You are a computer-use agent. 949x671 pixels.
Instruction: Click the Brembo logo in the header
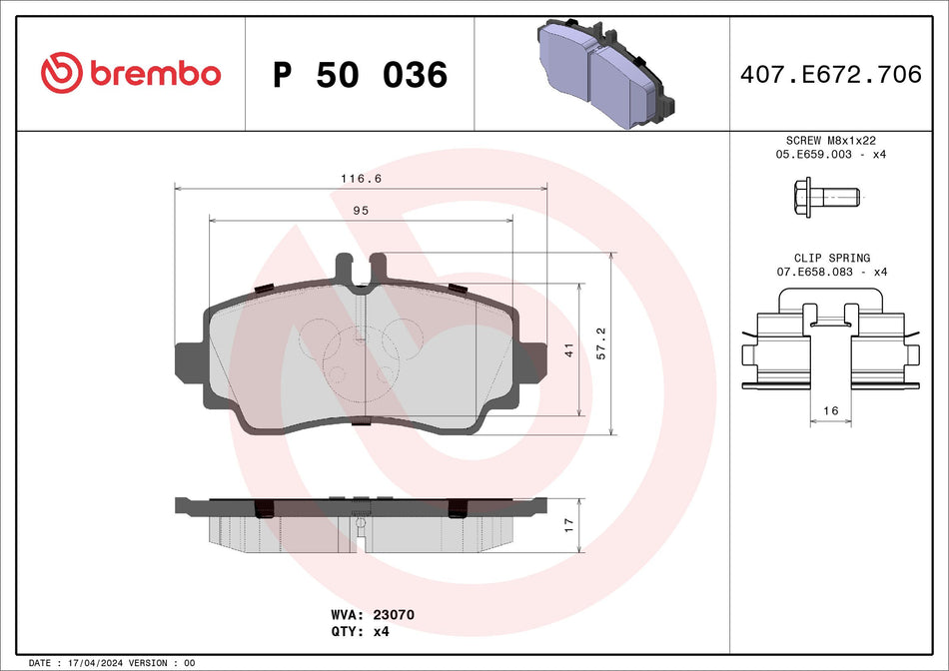tap(130, 73)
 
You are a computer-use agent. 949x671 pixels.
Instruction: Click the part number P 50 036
tap(360, 75)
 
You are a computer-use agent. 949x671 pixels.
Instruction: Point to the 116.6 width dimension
tap(361, 179)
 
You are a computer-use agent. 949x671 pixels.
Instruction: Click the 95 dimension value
tap(361, 210)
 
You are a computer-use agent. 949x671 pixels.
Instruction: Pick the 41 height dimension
tap(567, 349)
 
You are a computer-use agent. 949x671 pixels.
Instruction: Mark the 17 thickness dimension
tap(567, 525)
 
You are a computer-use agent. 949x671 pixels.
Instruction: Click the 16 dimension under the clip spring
tap(832, 410)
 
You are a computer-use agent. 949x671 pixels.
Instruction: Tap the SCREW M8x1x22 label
tap(832, 142)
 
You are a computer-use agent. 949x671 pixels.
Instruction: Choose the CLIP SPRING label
tap(832, 258)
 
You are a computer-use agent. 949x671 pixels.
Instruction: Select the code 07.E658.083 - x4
tap(832, 272)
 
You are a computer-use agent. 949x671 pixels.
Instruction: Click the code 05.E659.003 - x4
tap(832, 156)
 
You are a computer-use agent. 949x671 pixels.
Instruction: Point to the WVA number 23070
tap(393, 615)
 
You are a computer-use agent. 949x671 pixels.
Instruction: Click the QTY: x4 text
tap(359, 632)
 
